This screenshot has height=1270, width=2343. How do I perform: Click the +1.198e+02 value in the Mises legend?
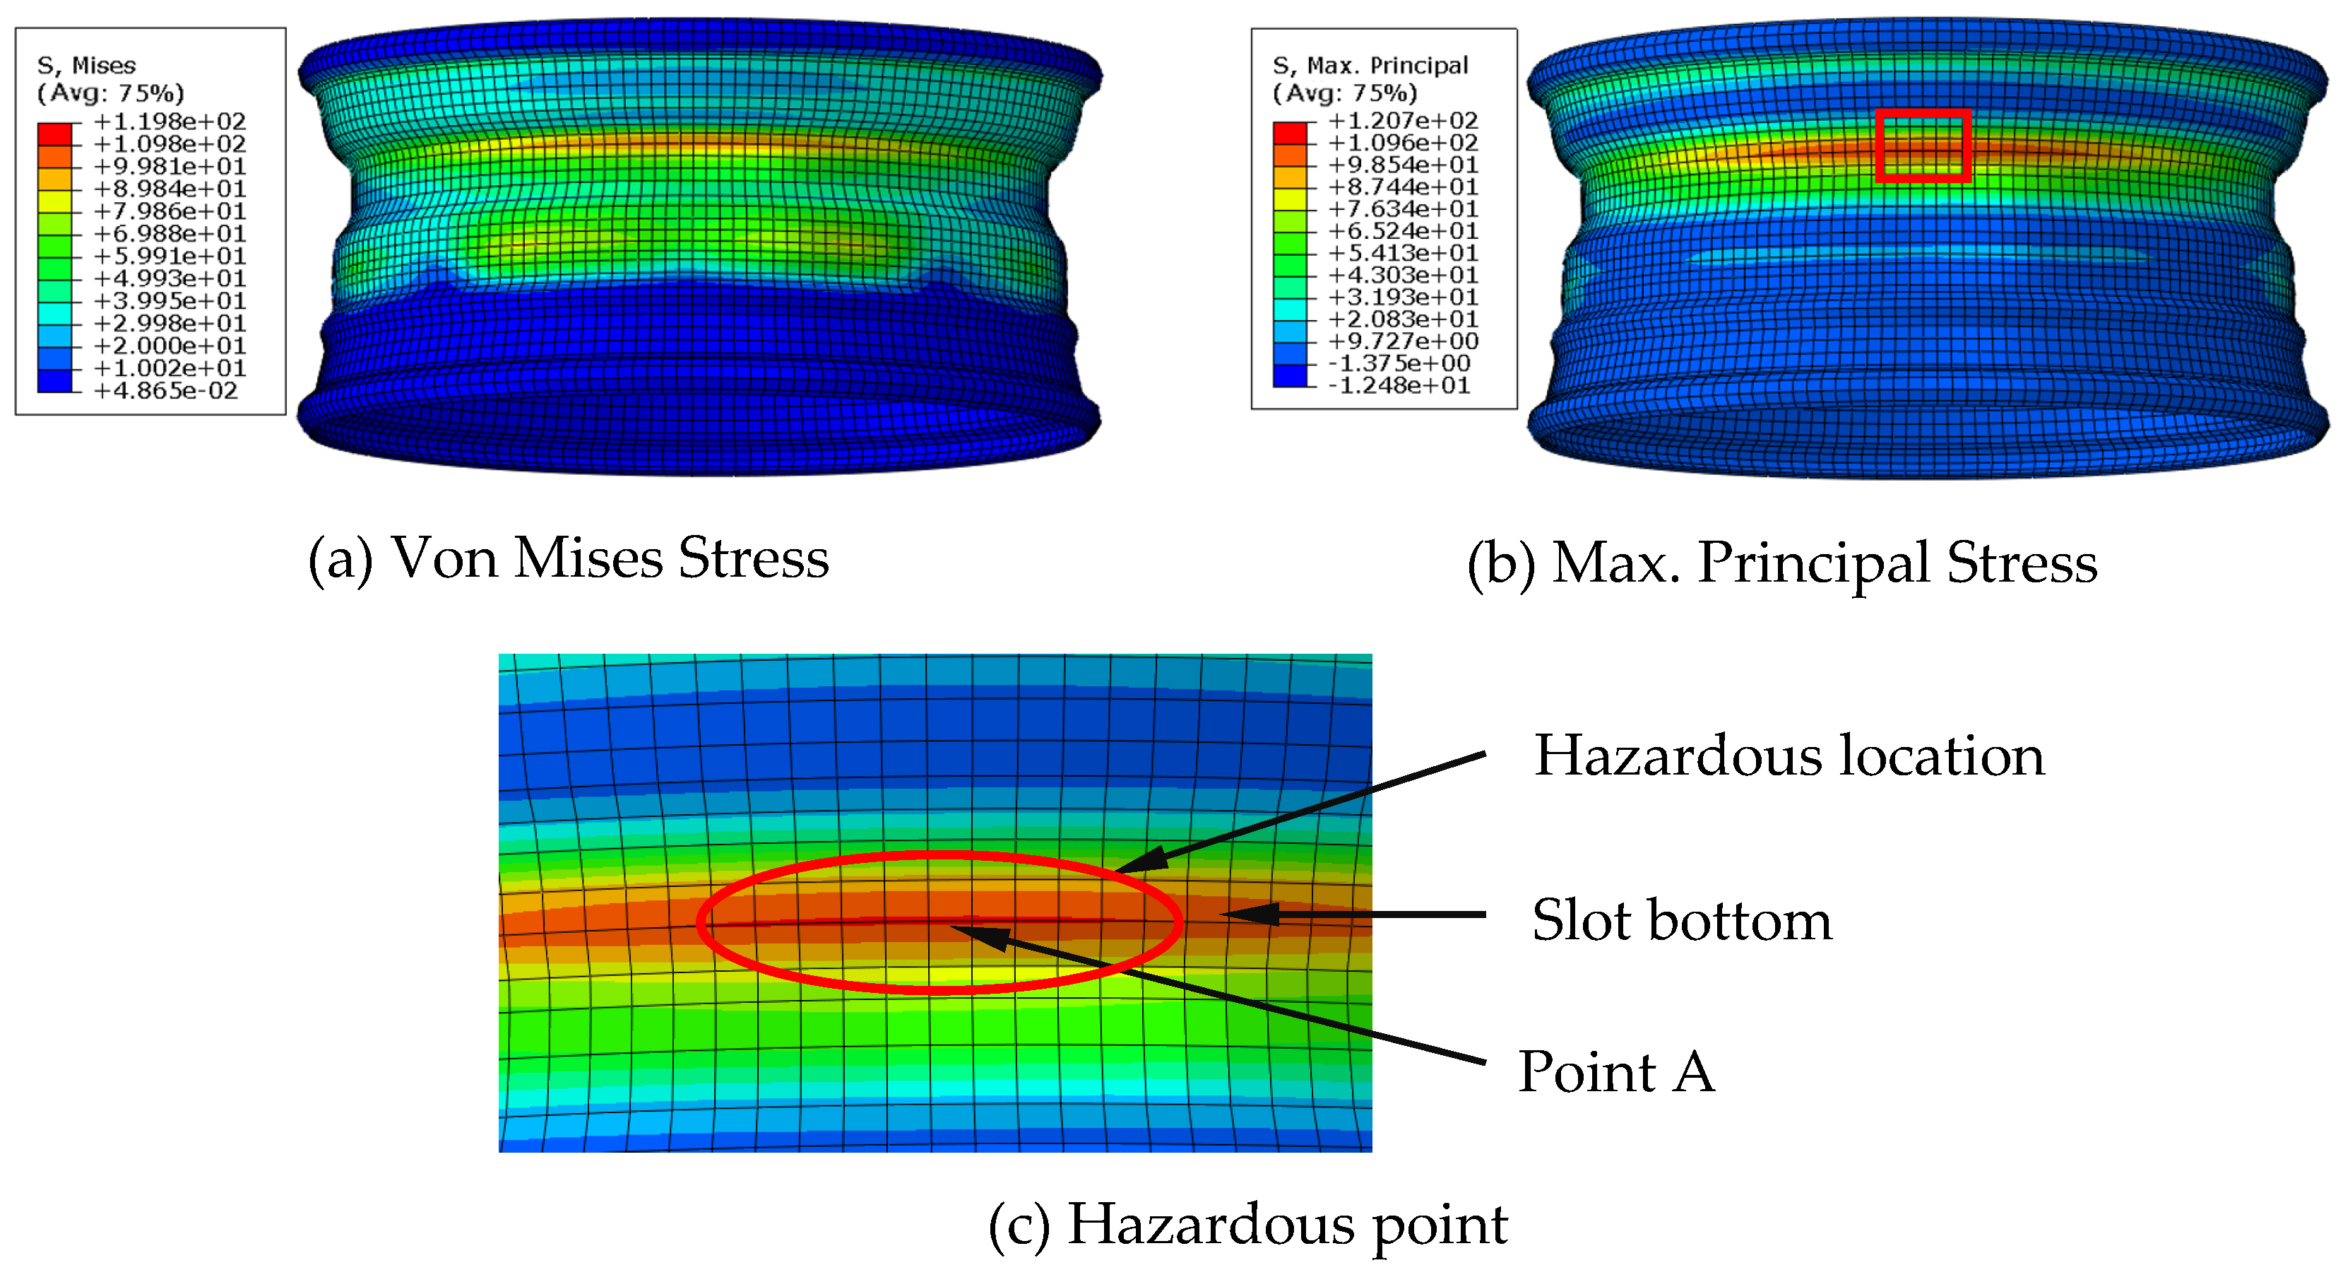click(170, 122)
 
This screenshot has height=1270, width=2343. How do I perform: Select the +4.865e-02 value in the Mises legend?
click(165, 392)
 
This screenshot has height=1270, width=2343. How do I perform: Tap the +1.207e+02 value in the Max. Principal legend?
click(1403, 121)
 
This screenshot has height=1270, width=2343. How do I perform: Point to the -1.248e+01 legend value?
click(1399, 386)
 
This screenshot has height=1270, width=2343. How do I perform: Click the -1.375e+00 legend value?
click(1399, 364)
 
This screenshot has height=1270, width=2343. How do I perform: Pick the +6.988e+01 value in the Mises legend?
click(170, 234)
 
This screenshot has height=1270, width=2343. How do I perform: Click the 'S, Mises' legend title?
click(86, 66)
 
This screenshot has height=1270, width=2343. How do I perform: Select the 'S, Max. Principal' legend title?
click(1370, 66)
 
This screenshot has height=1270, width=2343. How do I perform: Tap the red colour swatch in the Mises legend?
click(54, 134)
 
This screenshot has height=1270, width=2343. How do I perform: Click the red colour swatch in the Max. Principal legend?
click(1290, 133)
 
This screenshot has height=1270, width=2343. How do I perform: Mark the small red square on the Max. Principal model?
click(1922, 146)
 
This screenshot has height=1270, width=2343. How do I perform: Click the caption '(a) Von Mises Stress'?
click(569, 558)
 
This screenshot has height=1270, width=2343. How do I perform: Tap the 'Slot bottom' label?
click(1682, 919)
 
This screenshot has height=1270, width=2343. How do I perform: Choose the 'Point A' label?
click(1616, 1071)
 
